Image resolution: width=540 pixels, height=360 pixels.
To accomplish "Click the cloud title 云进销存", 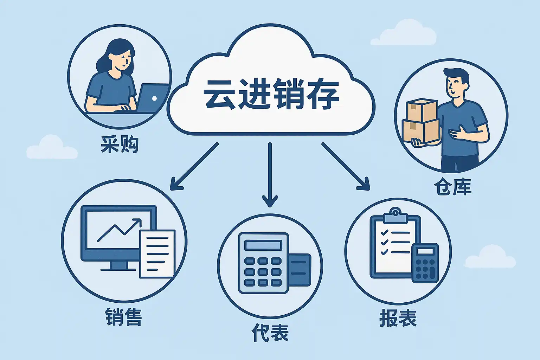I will pyautogui.click(x=271, y=94).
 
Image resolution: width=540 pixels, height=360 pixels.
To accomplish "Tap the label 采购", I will pyautogui.click(x=120, y=144).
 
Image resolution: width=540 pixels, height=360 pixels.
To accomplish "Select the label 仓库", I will pyautogui.click(x=452, y=187).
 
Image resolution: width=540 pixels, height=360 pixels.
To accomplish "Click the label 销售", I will pyautogui.click(x=123, y=317).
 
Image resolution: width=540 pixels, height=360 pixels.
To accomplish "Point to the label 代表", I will pyautogui.click(x=270, y=333).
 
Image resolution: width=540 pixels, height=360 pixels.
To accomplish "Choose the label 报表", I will pyautogui.click(x=398, y=319).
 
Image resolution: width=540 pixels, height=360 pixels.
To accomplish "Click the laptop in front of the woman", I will pyautogui.click(x=152, y=98).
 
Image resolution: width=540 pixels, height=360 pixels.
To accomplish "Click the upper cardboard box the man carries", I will pyautogui.click(x=421, y=110).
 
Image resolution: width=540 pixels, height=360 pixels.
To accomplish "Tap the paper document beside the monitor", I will pyautogui.click(x=157, y=253).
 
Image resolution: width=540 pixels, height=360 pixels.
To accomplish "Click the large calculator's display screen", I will pyautogui.click(x=263, y=245).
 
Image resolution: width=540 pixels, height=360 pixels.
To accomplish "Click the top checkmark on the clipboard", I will pyautogui.click(x=385, y=233).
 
